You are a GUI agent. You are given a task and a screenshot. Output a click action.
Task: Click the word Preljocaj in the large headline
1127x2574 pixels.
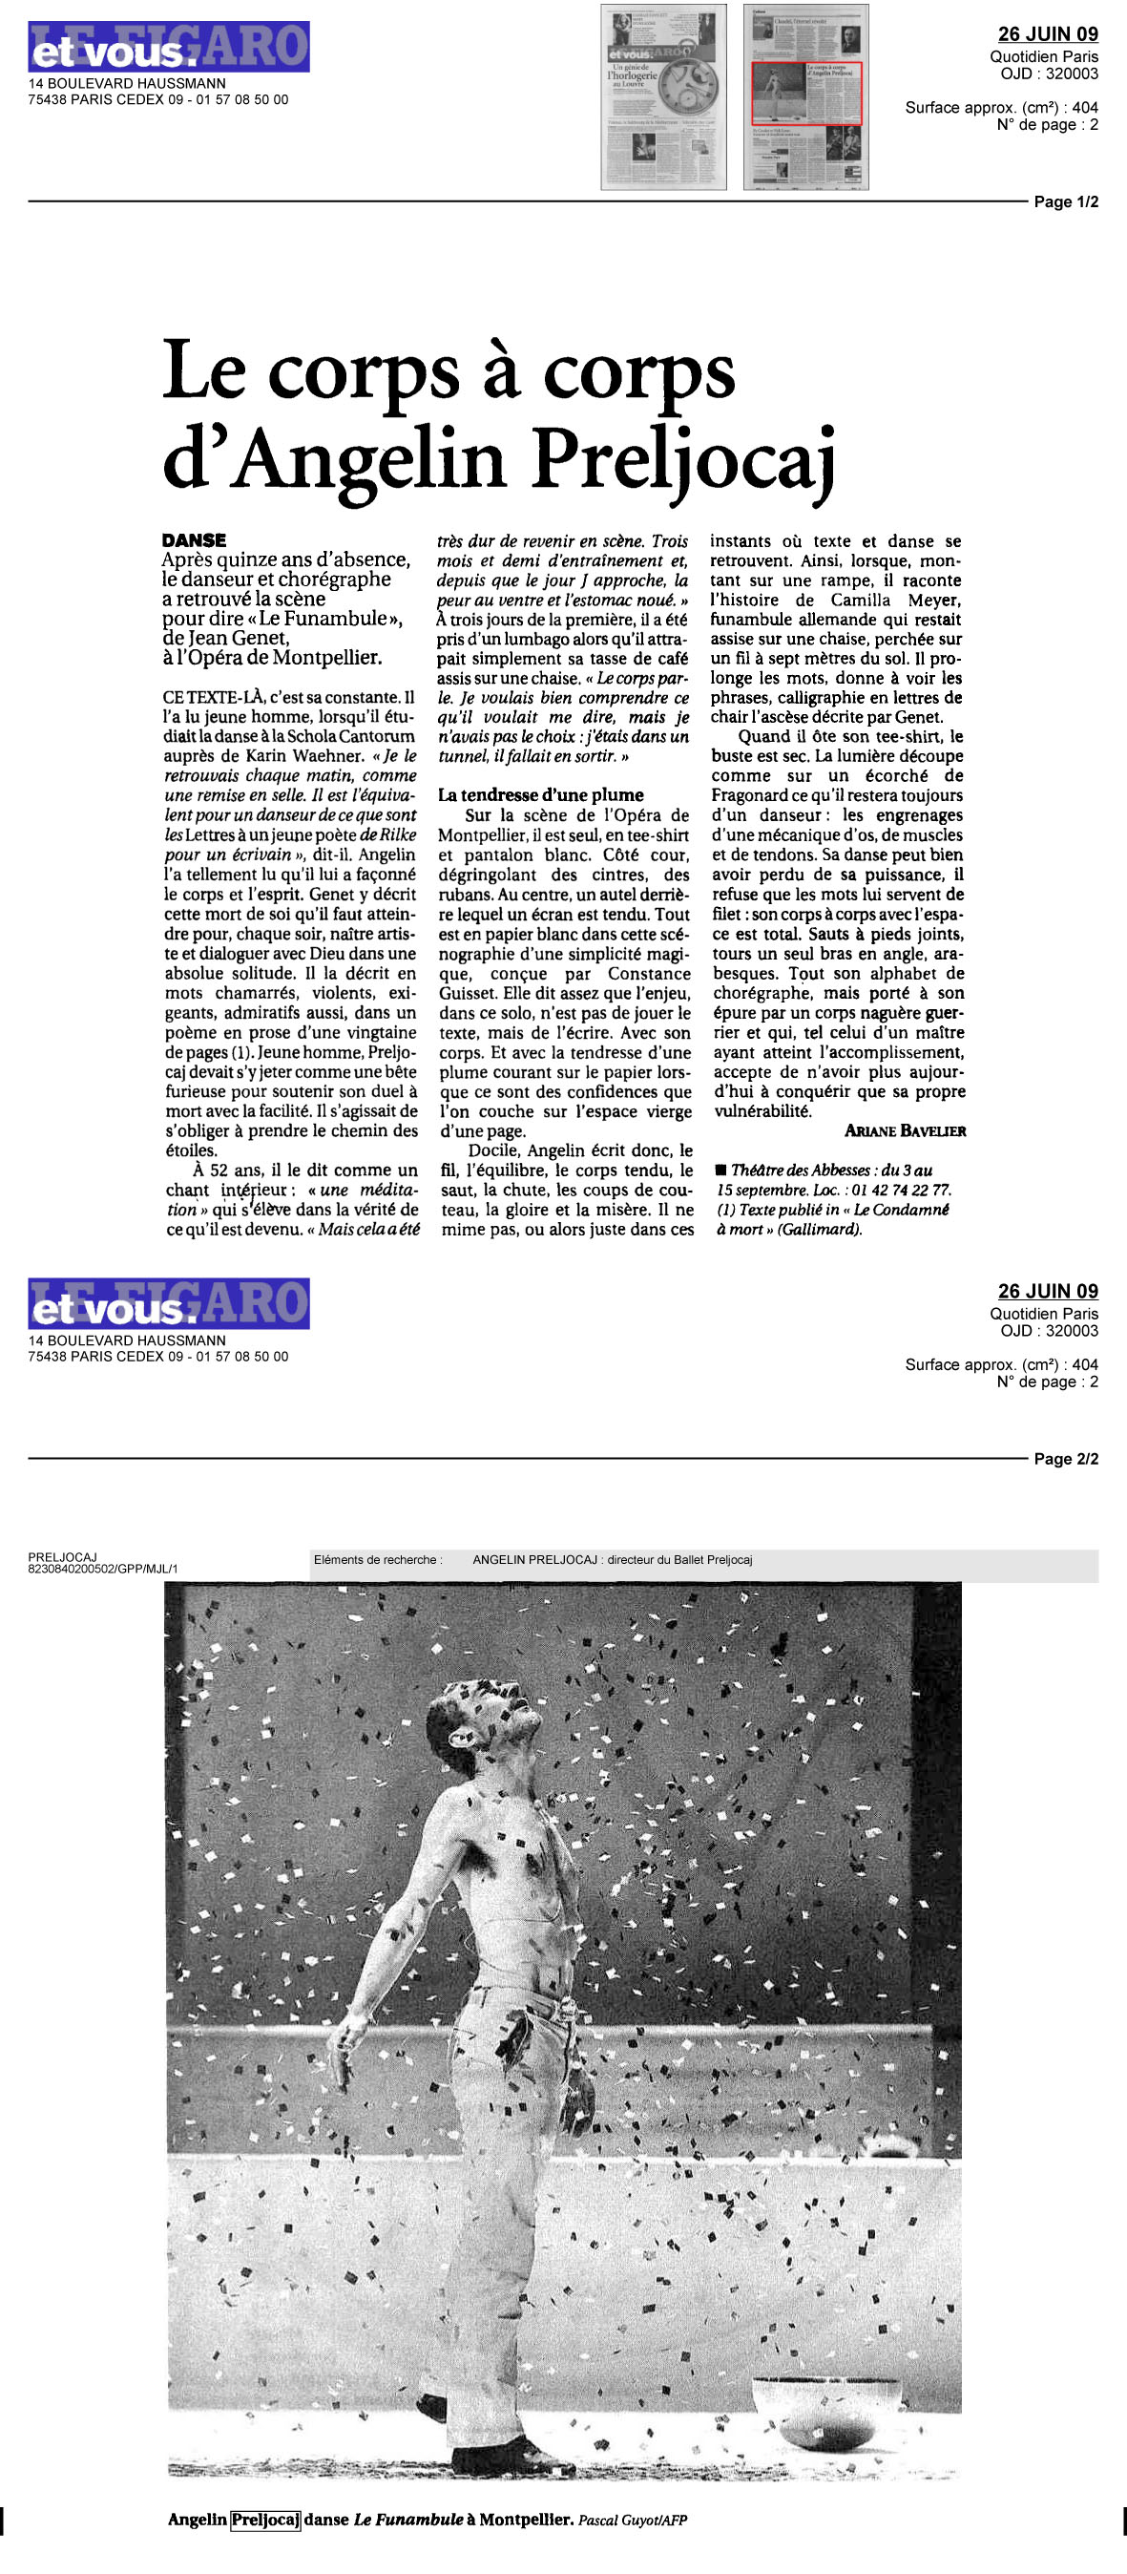pos(682,463)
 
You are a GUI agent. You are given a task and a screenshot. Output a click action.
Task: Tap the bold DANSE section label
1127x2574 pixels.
pos(194,540)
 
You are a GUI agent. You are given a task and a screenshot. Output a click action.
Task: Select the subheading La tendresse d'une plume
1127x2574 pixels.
pos(540,795)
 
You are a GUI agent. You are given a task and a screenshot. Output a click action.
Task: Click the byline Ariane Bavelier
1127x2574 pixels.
pos(905,1131)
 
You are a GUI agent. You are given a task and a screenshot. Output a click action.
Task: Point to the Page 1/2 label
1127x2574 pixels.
pos(1065,201)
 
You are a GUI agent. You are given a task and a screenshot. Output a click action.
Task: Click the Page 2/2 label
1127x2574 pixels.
pos(1065,1459)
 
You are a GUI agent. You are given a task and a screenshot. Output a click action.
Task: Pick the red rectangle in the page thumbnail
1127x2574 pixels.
pos(805,93)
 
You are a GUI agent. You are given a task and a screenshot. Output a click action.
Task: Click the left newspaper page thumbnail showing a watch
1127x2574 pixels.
pos(662,97)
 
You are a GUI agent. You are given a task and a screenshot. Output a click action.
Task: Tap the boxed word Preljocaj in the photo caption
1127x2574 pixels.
pos(264,2519)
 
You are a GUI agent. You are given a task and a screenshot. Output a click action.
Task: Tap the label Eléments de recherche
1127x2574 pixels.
pos(378,1560)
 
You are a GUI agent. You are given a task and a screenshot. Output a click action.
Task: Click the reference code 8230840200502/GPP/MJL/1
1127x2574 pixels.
pos(103,1569)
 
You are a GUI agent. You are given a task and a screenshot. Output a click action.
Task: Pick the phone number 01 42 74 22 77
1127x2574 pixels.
pos(900,1190)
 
